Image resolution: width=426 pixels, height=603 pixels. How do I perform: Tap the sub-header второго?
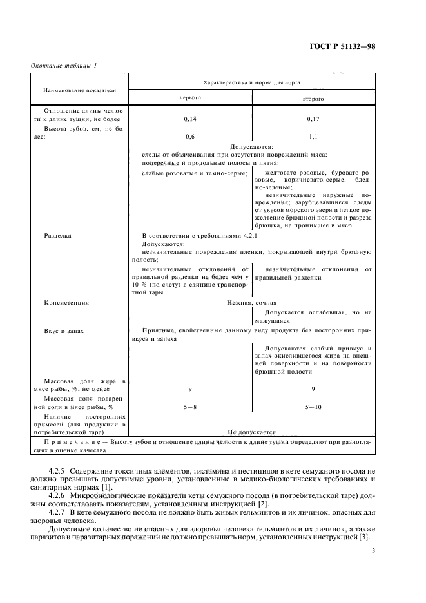coord(313,99)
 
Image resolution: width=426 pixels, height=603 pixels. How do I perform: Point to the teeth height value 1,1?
coord(313,137)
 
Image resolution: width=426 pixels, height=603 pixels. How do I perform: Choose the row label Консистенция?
coord(66,302)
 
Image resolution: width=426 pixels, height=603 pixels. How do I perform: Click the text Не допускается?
coord(251,432)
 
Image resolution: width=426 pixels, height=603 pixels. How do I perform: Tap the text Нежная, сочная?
coord(251,302)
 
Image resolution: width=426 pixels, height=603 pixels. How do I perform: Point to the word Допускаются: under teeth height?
coord(252,146)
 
